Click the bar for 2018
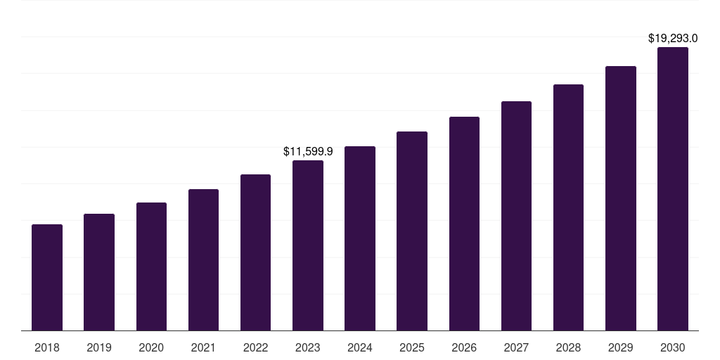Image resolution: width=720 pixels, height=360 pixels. pyautogui.click(x=47, y=277)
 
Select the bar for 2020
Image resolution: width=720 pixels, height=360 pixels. pyautogui.click(x=151, y=266)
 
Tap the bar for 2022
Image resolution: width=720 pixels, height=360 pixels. pyautogui.click(x=255, y=252)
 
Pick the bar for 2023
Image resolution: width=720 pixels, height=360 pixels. pyautogui.click(x=308, y=245)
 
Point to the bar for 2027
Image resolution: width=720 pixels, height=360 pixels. pyautogui.click(x=516, y=216)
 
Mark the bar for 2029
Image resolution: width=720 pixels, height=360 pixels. pyautogui.click(x=620, y=198)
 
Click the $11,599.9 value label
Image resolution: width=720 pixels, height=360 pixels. pyautogui.click(x=308, y=151)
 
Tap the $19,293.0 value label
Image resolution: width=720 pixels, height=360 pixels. pyautogui.click(x=673, y=38)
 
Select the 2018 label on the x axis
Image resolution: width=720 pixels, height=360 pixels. pyautogui.click(x=47, y=347)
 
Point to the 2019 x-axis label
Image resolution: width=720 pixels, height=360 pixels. pyautogui.click(x=99, y=347)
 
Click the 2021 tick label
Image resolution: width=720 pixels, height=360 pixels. pyautogui.click(x=203, y=347)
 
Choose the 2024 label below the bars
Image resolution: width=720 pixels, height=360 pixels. pyautogui.click(x=360, y=347)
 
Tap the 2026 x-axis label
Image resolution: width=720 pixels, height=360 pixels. pyautogui.click(x=464, y=347)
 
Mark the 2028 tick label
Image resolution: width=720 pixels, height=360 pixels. pyautogui.click(x=568, y=347)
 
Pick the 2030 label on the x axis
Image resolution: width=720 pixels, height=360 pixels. pyautogui.click(x=673, y=347)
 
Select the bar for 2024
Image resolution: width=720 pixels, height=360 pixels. pyautogui.click(x=360, y=238)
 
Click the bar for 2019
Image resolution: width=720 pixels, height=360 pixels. pyautogui.click(x=99, y=272)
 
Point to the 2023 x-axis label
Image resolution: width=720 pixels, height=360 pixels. pyautogui.click(x=308, y=347)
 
